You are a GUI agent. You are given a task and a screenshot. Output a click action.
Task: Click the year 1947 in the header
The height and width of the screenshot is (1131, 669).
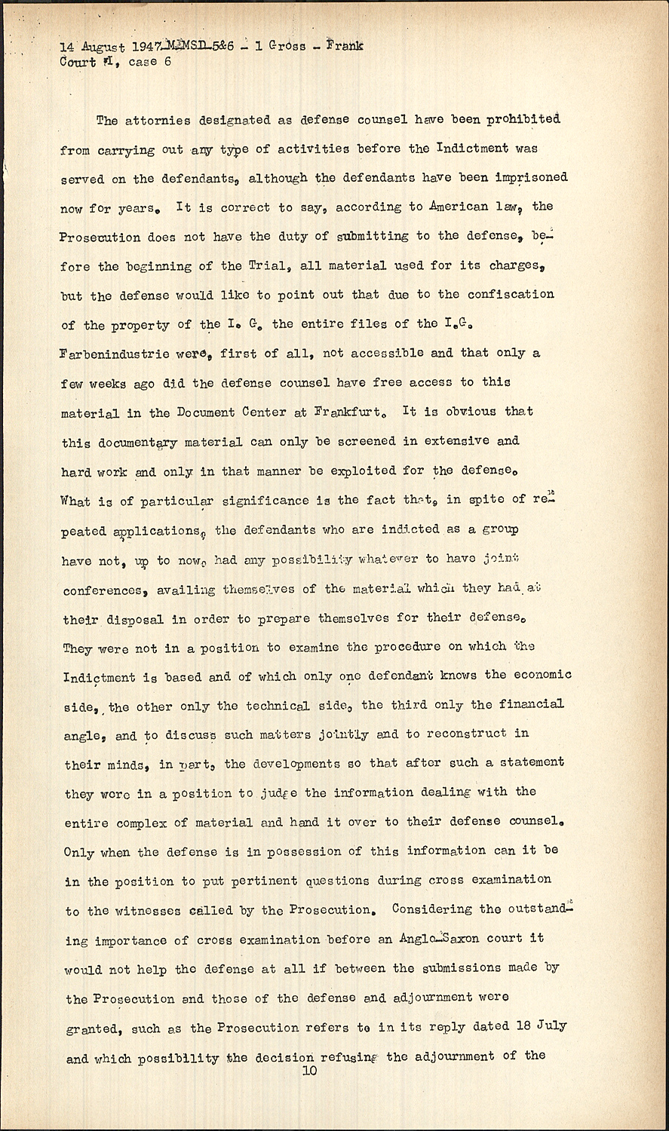(150, 47)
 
